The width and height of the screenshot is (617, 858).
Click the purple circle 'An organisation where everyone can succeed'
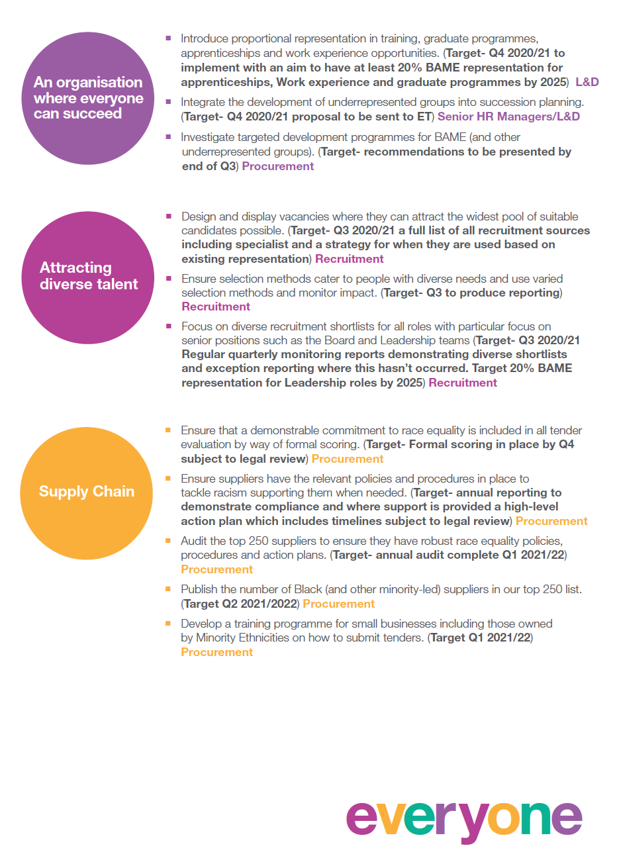88,98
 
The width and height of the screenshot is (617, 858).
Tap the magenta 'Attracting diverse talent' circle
88,277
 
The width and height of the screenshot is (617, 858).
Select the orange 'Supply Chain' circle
87,493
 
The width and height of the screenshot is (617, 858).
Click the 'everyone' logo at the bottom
463,820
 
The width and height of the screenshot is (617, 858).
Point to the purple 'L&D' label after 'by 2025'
587,82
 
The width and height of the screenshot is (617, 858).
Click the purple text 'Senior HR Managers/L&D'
508,117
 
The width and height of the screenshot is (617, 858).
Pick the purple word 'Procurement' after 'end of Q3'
278,166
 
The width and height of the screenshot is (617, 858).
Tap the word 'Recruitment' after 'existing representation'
350,259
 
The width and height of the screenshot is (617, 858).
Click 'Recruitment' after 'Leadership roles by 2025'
463,383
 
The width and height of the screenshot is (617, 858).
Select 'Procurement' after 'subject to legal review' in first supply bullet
348,459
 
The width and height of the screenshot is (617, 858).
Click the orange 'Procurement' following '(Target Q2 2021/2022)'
339,604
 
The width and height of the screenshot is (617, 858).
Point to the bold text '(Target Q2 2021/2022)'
240,604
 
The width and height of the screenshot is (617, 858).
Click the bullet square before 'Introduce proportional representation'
169,38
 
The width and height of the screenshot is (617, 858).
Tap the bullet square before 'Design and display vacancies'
169,216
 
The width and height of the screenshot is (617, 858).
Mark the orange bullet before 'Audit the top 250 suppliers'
169,540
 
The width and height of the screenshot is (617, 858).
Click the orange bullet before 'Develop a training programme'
169,623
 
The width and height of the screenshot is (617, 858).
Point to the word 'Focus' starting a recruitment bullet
197,326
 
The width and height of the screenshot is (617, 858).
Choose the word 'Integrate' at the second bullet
203,102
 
